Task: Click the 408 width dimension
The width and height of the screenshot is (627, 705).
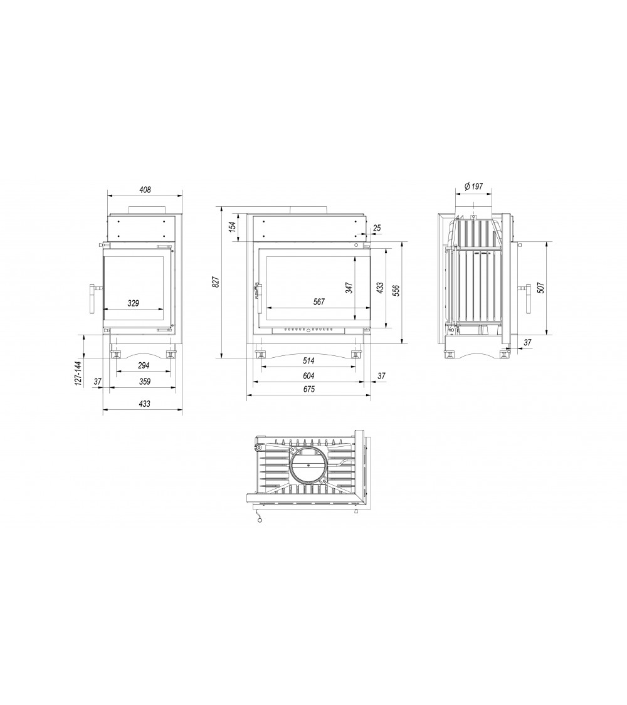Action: pos(144,190)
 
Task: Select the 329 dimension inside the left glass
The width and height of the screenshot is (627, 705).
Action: pos(133,303)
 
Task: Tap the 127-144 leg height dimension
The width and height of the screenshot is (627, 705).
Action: pos(78,373)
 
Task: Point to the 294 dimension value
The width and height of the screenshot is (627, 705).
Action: pos(144,365)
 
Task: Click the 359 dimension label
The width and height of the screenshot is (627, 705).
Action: pos(144,382)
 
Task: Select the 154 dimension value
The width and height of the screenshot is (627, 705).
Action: pos(233,227)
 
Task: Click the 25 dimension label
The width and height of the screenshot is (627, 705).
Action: pos(377,228)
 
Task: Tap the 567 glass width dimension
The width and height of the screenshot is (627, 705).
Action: pos(319,301)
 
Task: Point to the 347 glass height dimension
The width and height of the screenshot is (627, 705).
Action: pos(349,288)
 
